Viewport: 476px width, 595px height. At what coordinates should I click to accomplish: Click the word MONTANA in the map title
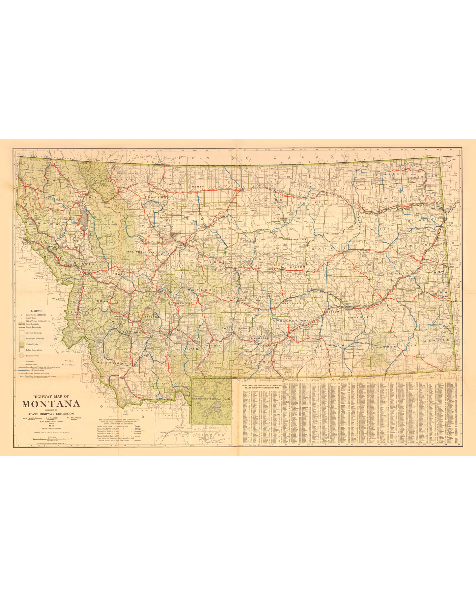(x=51, y=404)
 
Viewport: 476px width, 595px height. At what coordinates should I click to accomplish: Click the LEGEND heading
(x=36, y=311)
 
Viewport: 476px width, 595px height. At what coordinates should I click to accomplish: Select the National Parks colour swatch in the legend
(x=22, y=344)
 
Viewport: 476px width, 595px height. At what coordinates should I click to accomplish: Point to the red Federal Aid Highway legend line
(x=22, y=366)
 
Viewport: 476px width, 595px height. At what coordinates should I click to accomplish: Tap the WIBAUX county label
(x=439, y=272)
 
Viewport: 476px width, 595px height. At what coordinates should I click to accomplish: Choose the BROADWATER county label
(x=180, y=303)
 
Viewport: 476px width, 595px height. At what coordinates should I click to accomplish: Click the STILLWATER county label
(x=259, y=338)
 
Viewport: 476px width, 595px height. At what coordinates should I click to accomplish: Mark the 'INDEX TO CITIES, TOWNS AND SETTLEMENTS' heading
(x=262, y=385)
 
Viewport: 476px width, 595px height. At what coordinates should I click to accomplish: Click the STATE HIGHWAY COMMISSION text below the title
(x=51, y=414)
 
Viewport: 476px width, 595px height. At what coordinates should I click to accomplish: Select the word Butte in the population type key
(x=137, y=426)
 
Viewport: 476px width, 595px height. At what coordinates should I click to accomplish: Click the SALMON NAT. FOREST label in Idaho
(x=69, y=363)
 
